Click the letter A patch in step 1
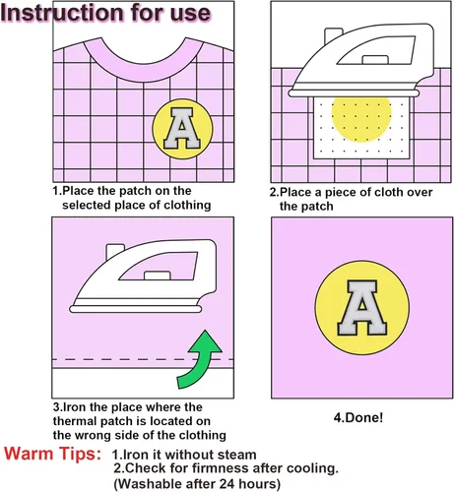(182, 129)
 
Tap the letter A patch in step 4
(362, 308)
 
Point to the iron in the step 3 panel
(144, 277)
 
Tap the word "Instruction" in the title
(63, 13)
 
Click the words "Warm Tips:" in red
(52, 454)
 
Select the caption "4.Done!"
(358, 418)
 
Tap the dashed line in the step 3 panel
(143, 359)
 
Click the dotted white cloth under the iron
(361, 128)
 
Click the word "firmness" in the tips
(221, 468)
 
